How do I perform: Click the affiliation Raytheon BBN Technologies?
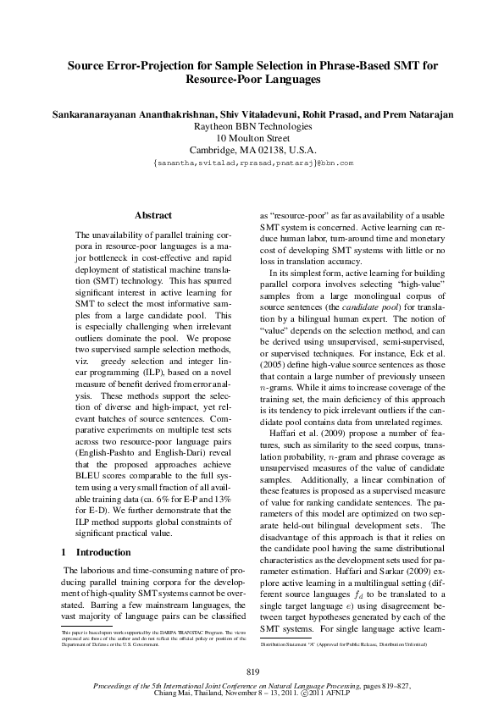(252, 126)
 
